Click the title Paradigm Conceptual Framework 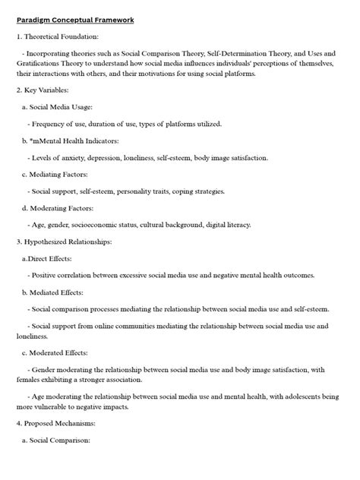point(75,20)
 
